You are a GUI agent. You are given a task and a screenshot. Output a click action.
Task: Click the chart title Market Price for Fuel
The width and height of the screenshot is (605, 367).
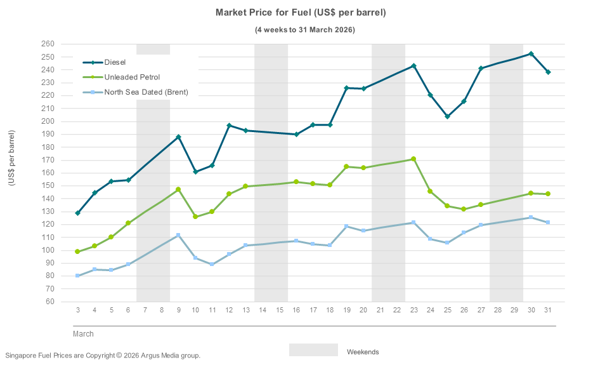coord(301,13)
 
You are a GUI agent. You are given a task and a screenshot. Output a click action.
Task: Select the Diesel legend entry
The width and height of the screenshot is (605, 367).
coord(115,62)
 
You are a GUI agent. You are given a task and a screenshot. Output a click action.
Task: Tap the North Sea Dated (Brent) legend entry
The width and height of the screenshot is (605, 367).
coord(146,92)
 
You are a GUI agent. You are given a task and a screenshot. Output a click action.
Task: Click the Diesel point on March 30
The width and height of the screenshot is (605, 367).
coord(531,54)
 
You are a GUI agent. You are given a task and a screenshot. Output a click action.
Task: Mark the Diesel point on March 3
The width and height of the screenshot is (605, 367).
coord(77,213)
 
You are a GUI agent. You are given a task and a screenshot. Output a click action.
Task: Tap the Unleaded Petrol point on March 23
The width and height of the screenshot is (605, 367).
coord(413,159)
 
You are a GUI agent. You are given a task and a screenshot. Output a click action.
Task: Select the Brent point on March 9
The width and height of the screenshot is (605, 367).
coord(178,235)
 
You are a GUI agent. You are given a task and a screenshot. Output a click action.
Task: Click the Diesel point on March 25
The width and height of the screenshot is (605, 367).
coord(447,116)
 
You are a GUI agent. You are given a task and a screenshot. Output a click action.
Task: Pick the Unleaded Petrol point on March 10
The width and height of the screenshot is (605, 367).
coord(195,217)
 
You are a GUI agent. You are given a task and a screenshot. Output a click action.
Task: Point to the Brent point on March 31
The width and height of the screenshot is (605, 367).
coord(547,222)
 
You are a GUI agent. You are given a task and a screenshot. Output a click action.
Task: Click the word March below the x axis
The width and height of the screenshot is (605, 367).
coord(83,333)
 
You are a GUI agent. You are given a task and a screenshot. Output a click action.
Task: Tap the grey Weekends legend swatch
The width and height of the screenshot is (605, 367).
coord(313,350)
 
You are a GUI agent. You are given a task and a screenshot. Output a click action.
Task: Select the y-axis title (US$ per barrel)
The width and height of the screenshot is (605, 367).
coord(12,158)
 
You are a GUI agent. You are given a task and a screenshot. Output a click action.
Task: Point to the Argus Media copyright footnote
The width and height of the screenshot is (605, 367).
coord(103,356)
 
